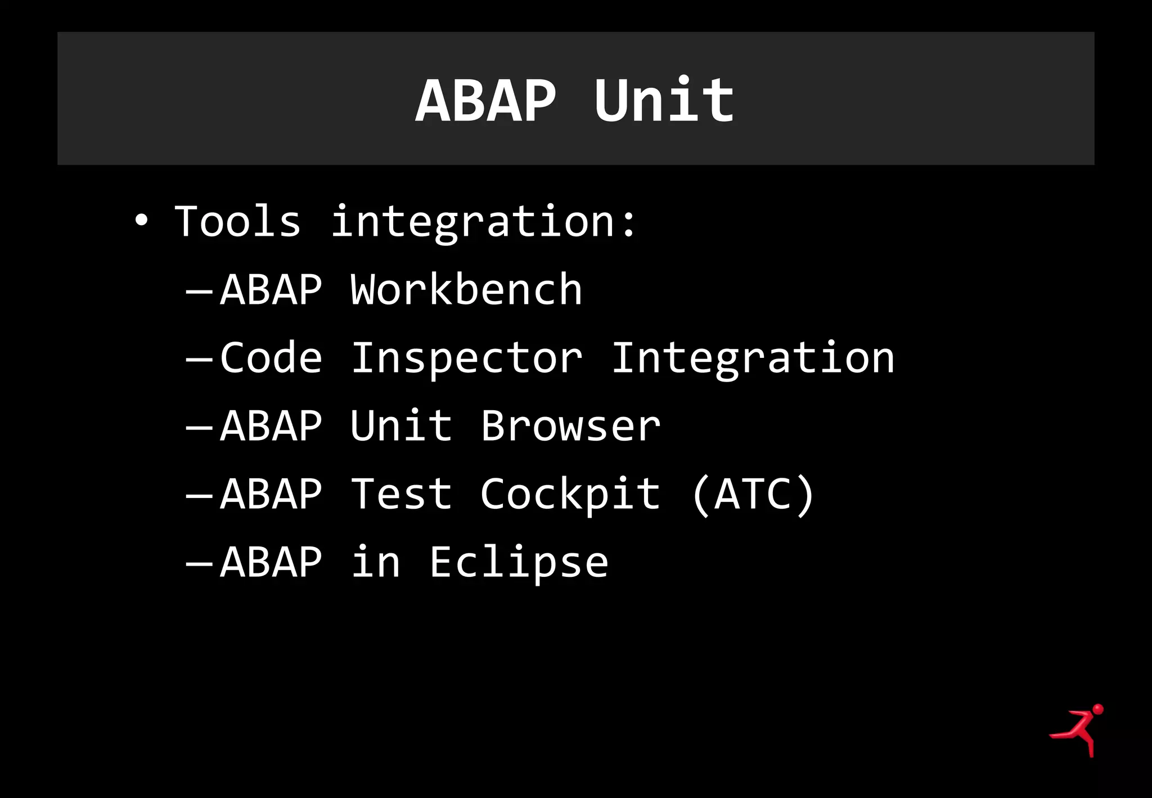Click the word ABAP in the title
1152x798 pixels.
click(x=485, y=101)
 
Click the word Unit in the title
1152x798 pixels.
click(x=664, y=101)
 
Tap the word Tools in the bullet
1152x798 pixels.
click(x=237, y=221)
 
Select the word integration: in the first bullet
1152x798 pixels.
click(x=484, y=222)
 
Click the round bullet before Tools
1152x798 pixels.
click(x=141, y=221)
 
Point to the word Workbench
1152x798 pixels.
click(x=466, y=289)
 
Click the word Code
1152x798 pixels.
click(x=271, y=358)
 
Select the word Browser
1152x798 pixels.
click(x=570, y=426)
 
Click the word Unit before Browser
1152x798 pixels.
click(x=401, y=426)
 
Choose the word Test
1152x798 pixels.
click(x=401, y=494)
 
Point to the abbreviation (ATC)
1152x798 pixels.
click(x=753, y=494)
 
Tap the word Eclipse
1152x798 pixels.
click(x=519, y=563)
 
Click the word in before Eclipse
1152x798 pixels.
click(x=376, y=563)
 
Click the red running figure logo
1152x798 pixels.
click(x=1075, y=732)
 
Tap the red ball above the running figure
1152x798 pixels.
click(x=1097, y=709)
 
